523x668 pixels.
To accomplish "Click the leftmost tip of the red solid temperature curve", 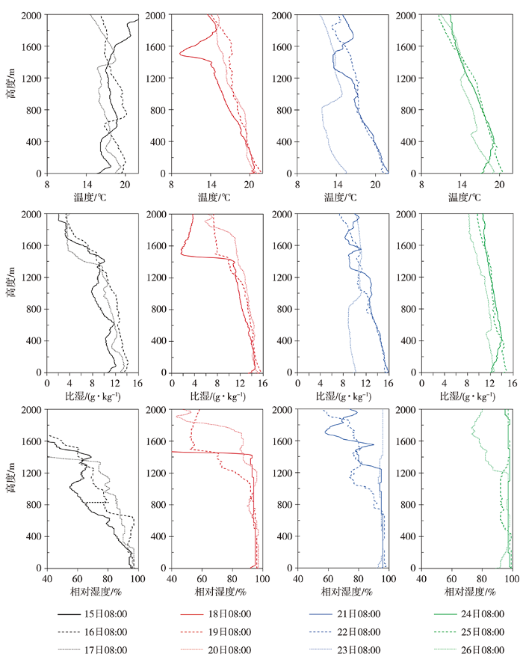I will point(179,52).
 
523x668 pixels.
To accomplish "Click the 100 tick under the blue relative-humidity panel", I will point(389,578).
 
